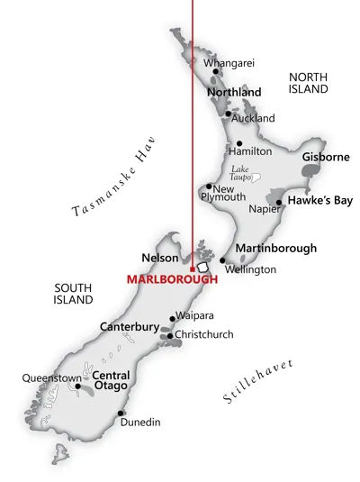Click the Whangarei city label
coord(229,62)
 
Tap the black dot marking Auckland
coord(228,114)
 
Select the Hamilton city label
coord(249,151)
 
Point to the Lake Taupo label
coord(239,174)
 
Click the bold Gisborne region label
coord(326,157)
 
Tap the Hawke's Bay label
coord(320,200)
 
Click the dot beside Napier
coord(279,203)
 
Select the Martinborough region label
coord(275,247)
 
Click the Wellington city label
coord(250,269)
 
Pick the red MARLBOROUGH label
coord(172,278)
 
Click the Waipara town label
coord(193,317)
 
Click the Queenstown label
coord(51,377)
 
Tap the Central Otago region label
coord(112,381)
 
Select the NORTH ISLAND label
coord(308,83)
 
